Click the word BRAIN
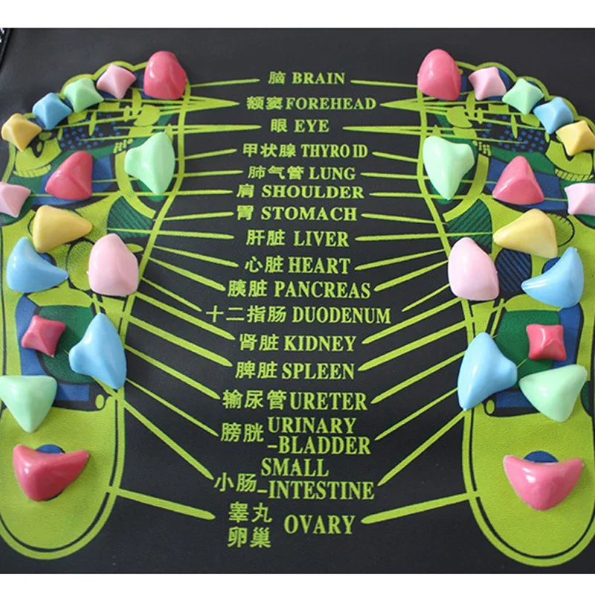[318, 78]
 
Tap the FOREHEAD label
[330, 103]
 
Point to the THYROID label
[334, 152]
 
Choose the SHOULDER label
[312, 192]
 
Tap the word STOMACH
[307, 215]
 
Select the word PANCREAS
[322, 288]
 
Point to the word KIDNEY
[319, 343]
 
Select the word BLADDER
[322, 446]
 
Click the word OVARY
[318, 524]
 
